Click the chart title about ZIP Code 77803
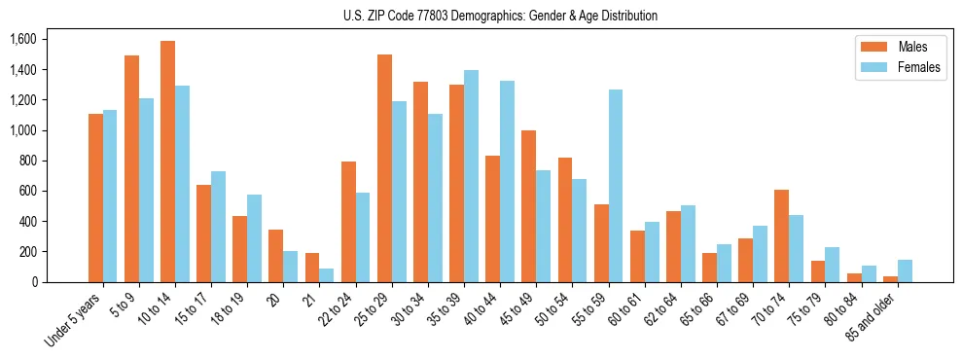(500, 16)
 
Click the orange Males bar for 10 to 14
(167, 162)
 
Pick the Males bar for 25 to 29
(384, 167)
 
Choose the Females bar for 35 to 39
(471, 176)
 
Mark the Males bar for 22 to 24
(348, 222)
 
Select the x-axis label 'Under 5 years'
(76, 320)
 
